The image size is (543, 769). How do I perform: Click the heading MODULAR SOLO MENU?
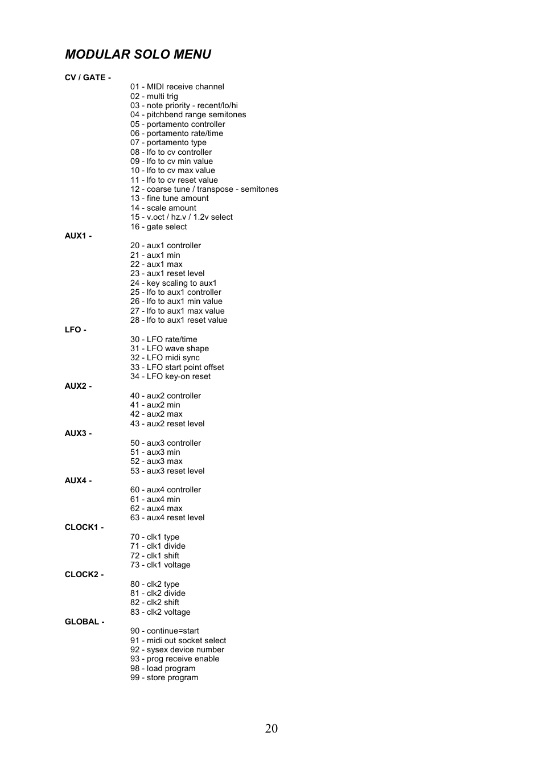coord(138,55)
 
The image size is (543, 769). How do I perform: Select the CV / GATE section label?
coord(88,77)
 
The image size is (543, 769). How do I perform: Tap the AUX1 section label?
coord(78,236)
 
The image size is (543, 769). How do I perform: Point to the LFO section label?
coord(75,330)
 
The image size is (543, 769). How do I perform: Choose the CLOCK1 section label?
coord(84,527)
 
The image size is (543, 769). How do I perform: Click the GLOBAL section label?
coord(84,622)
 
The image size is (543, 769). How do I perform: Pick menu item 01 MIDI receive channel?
coord(177,87)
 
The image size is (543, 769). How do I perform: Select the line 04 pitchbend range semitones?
coord(188,114)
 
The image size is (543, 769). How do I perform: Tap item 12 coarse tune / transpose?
coord(204,189)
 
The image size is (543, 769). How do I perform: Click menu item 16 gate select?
coord(158,227)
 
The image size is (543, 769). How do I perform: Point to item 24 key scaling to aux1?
coord(173,283)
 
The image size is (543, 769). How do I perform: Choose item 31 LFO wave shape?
coord(169,348)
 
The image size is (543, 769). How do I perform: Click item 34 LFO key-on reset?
coord(170,376)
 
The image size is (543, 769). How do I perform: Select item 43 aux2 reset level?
coord(167,423)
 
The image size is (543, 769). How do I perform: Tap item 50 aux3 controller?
coord(165,443)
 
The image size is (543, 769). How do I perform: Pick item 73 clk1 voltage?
coord(160,565)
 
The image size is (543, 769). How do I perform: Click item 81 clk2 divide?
coord(158,593)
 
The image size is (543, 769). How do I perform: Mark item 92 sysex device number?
coord(177,649)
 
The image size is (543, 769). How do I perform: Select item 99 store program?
coord(164,677)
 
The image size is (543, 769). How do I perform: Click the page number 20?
coord(271,729)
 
